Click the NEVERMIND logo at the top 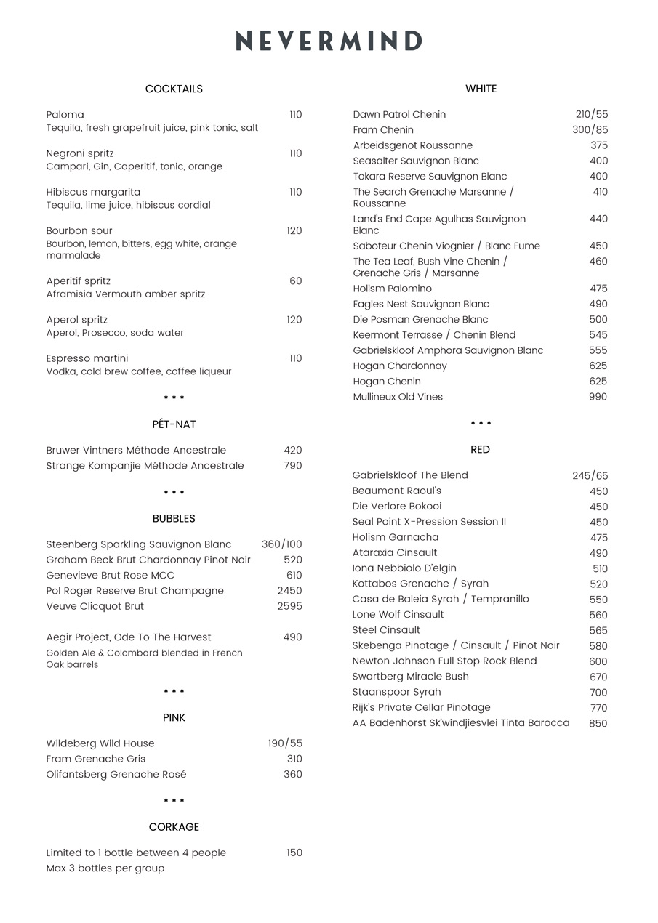coord(329,41)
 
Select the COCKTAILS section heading coord(174,89)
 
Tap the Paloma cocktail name coord(65,115)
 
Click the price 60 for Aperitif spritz coord(295,281)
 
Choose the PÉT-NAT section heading coord(174,424)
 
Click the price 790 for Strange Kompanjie coord(293,466)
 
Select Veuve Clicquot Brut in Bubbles coord(95,606)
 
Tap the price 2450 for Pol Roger coord(289,591)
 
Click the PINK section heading coord(174,718)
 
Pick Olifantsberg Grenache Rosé coord(116,775)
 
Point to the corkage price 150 coord(294,853)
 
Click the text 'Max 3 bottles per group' coord(105,868)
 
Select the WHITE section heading coord(481,89)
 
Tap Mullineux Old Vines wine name coord(398,397)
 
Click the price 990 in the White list coord(598,397)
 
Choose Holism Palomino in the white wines coord(393,289)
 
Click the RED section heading coord(480,450)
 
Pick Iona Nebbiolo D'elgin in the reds coord(404,568)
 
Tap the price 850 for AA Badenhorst coord(598,724)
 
